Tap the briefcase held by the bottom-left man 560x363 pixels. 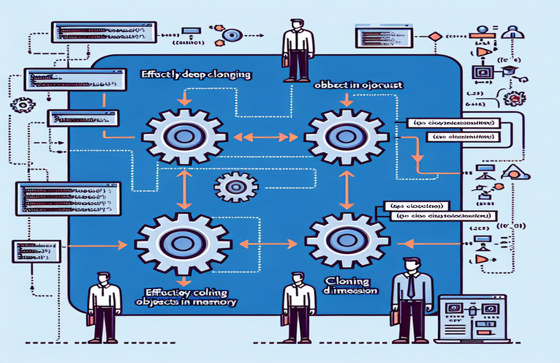pyautogui.click(x=89, y=319)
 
